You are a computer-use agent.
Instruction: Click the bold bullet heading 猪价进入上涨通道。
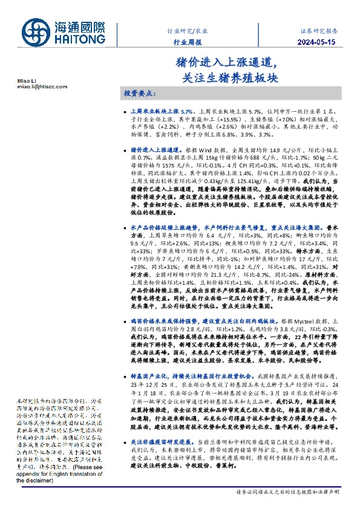coord(156,148)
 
